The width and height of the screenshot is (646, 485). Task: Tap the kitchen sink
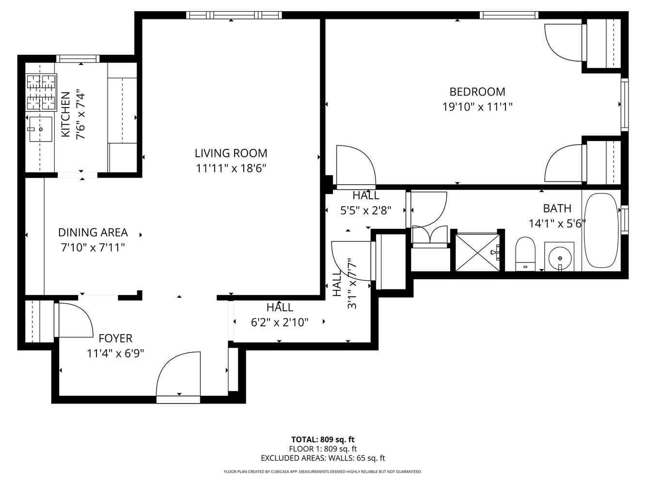coord(41,129)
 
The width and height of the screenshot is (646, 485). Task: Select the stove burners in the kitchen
coord(41,92)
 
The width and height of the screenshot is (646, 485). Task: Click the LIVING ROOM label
coord(231,153)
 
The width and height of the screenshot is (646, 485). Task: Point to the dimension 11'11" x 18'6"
coord(231,168)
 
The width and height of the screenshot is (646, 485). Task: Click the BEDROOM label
coord(477,92)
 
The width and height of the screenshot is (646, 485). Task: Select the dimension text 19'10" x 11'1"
coord(477,107)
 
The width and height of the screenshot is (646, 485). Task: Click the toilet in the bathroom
coord(525,253)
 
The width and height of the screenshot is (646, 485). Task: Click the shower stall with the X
coord(477,251)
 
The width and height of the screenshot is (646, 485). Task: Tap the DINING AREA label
coord(93,232)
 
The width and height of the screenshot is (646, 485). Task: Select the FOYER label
coord(115,338)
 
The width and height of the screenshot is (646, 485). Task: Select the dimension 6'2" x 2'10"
coord(280,322)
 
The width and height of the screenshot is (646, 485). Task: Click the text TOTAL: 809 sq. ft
coord(323,440)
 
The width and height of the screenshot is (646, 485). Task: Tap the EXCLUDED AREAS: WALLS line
coord(323,458)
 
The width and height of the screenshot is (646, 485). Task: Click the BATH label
coord(557,209)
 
